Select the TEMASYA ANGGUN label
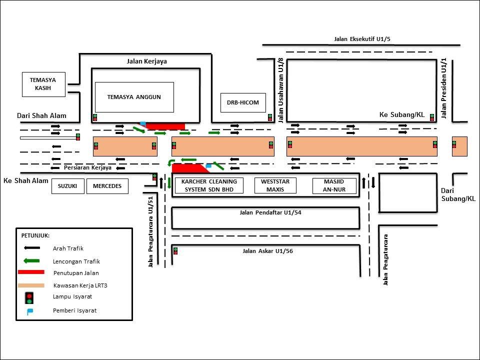[134, 97]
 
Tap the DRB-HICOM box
[243, 102]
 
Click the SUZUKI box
[67, 186]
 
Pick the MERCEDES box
[107, 186]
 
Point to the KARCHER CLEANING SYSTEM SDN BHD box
[209, 185]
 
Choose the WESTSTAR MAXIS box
[275, 185]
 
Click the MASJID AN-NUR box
[334, 185]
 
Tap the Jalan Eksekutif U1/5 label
[362, 39]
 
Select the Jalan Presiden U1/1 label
[444, 88]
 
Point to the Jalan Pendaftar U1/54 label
[270, 212]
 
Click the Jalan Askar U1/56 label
[267, 251]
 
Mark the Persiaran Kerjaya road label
[87, 168]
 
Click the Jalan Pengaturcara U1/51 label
[150, 231]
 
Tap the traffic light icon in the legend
[29, 298]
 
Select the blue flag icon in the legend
[29, 312]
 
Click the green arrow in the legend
[32, 261]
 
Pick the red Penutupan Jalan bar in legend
[31, 272]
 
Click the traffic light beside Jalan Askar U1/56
[175, 251]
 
